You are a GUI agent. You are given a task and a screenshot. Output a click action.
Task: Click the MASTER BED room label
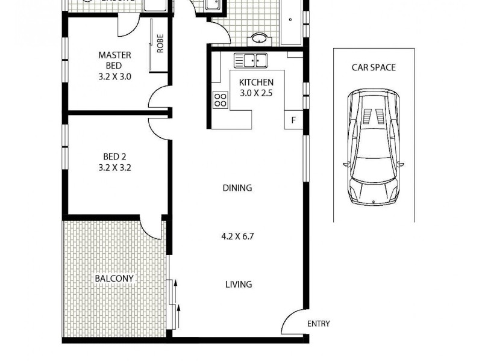(114, 60)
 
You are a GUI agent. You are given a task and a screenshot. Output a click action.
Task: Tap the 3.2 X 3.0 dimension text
(114, 76)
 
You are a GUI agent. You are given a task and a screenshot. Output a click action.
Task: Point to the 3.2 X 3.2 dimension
(114, 168)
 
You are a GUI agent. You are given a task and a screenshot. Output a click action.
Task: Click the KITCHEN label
(256, 82)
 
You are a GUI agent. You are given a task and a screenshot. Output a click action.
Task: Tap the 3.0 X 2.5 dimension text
(256, 93)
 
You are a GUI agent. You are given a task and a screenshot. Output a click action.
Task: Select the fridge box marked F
(293, 120)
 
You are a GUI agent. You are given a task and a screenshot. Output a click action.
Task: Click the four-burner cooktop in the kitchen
(220, 99)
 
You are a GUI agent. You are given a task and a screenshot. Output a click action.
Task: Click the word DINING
(238, 188)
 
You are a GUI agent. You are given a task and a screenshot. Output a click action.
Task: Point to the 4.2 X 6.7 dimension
(238, 236)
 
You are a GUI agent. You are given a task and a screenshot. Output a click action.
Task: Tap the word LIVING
(238, 284)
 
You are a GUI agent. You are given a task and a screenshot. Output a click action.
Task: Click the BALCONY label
(114, 279)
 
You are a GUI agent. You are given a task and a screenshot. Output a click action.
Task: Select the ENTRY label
(318, 324)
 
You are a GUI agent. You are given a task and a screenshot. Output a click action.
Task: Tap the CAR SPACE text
(374, 67)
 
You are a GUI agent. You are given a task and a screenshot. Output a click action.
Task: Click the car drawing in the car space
(374, 147)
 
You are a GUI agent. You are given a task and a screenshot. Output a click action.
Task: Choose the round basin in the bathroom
(260, 39)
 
